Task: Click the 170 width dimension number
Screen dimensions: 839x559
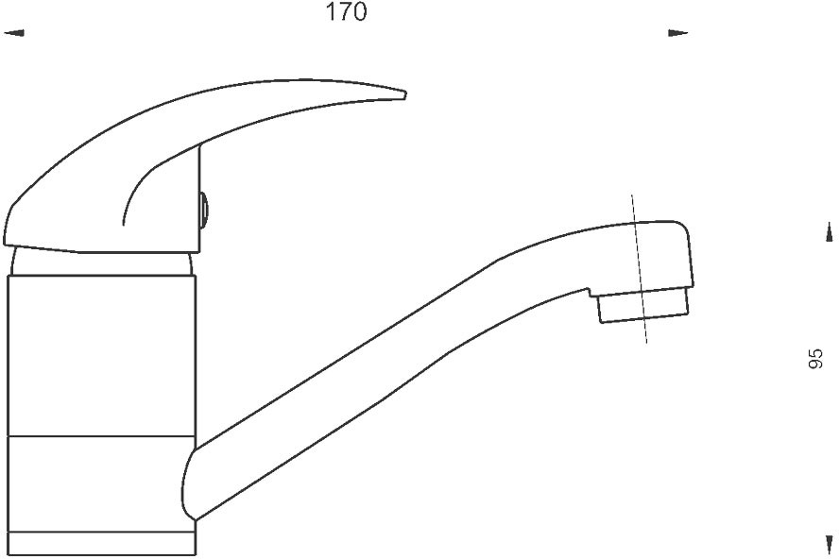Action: pyautogui.click(x=346, y=12)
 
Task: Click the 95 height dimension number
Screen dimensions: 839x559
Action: pyautogui.click(x=814, y=359)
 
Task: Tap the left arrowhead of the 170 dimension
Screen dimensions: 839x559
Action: pyautogui.click(x=14, y=33)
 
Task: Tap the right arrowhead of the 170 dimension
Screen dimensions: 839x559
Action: pyautogui.click(x=678, y=33)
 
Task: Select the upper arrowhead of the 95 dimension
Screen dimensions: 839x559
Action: pyautogui.click(x=829, y=232)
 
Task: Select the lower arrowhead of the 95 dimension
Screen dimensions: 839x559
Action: pyautogui.click(x=829, y=545)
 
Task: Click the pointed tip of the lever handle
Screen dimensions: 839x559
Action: pyautogui.click(x=404, y=94)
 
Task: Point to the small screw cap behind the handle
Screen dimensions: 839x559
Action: pyautogui.click(x=204, y=210)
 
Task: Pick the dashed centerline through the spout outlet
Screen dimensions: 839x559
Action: pyautogui.click(x=640, y=268)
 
